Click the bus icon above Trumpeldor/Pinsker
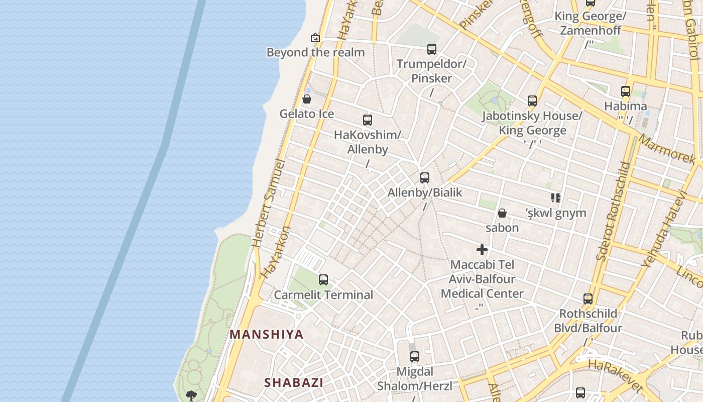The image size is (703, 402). [432, 49]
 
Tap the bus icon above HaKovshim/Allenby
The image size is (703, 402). [368, 120]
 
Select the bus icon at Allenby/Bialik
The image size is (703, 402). [425, 178]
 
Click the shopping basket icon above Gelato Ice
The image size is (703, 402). [307, 99]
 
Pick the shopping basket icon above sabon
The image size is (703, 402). [502, 214]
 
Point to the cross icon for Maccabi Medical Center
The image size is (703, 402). [482, 250]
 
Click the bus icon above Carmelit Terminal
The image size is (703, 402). [323, 280]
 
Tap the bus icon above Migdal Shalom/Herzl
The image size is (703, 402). [415, 357]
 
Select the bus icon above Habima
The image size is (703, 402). [626, 91]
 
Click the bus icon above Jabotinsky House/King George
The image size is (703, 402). [532, 101]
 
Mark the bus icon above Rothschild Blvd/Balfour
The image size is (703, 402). [588, 299]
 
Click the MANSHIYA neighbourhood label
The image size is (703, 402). [267, 335]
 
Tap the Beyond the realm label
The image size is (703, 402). [315, 52]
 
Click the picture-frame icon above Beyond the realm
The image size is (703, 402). [315, 38]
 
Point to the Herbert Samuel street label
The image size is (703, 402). [268, 203]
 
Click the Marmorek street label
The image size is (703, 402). [667, 149]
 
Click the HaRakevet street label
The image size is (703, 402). [616, 375]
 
